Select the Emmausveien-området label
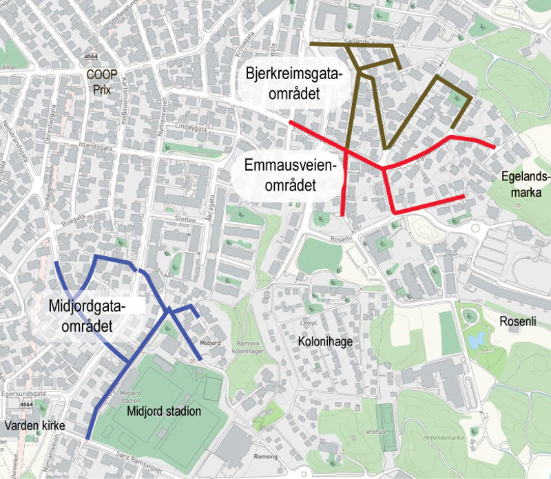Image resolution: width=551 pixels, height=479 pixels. point(289,175)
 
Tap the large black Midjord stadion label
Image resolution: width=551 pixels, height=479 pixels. point(164,412)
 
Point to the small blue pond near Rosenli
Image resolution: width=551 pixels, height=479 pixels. point(474,339)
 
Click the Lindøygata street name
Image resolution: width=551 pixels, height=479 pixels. point(190,127)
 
